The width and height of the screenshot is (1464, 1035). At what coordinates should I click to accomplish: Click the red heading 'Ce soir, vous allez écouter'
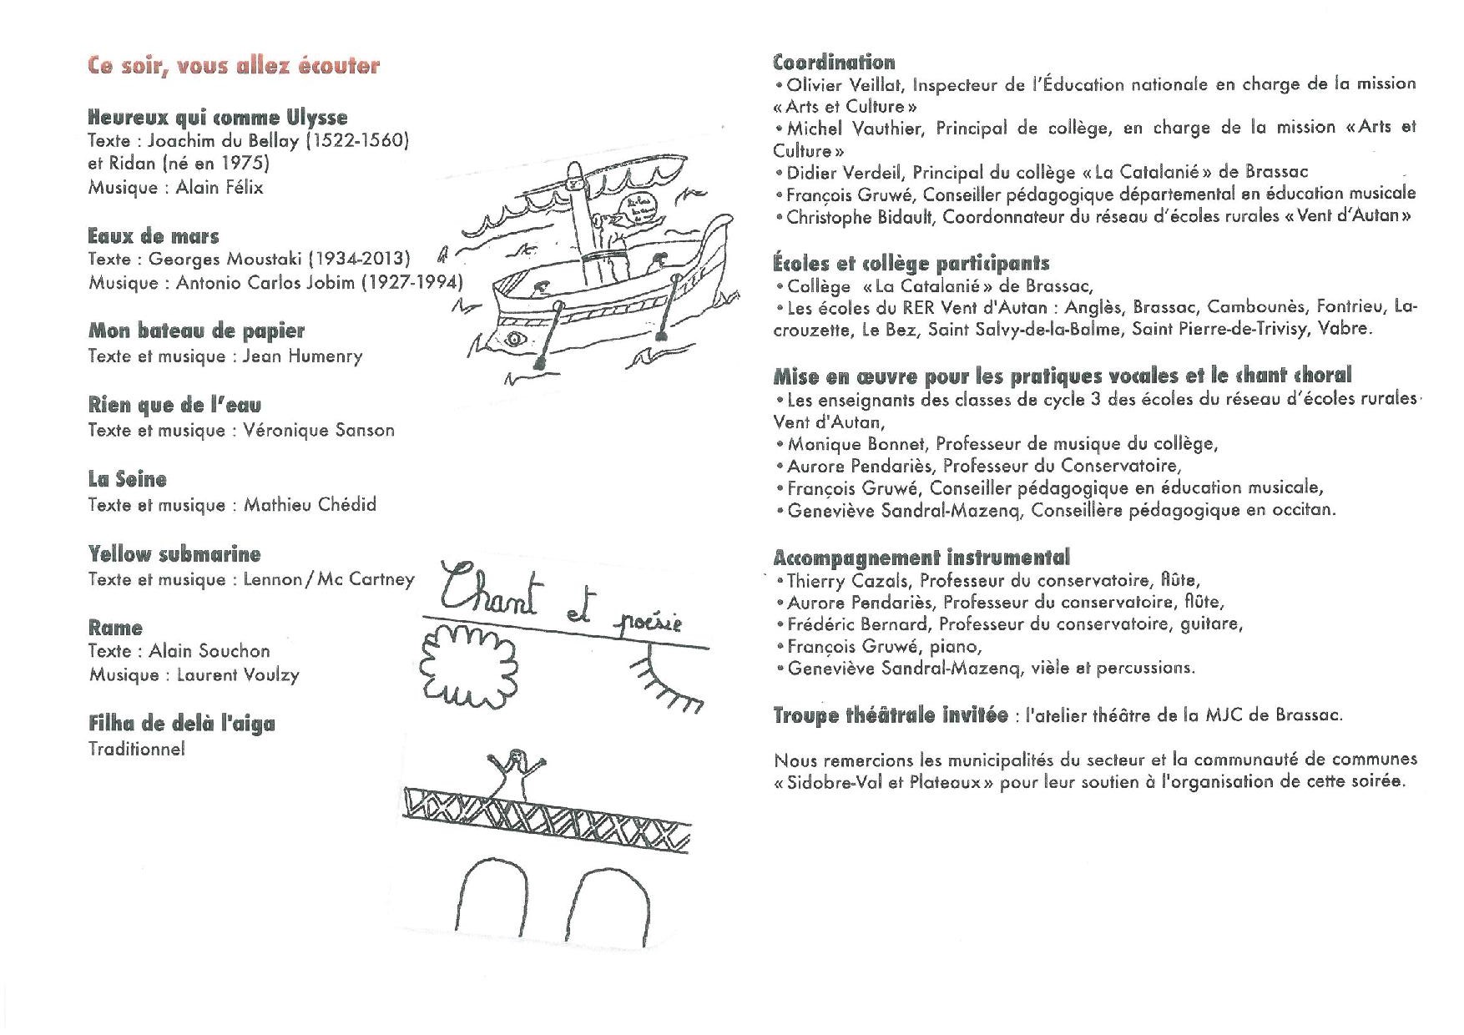pyautogui.click(x=234, y=66)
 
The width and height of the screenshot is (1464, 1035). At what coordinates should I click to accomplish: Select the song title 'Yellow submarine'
pyautogui.click(x=174, y=554)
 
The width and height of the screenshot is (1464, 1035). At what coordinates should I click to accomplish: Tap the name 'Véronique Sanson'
pyautogui.click(x=319, y=431)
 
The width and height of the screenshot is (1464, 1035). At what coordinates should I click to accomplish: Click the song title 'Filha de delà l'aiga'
pyautogui.click(x=182, y=724)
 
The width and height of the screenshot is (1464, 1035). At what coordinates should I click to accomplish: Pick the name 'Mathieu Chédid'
pyautogui.click(x=310, y=505)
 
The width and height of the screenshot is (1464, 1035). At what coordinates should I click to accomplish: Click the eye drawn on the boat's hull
pyautogui.click(x=515, y=339)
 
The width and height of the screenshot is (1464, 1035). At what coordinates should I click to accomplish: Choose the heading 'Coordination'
pyautogui.click(x=834, y=63)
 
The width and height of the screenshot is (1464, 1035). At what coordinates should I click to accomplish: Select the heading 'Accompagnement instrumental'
pyautogui.click(x=921, y=558)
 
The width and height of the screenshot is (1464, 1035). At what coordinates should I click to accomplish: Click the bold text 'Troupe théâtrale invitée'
pyautogui.click(x=891, y=715)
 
